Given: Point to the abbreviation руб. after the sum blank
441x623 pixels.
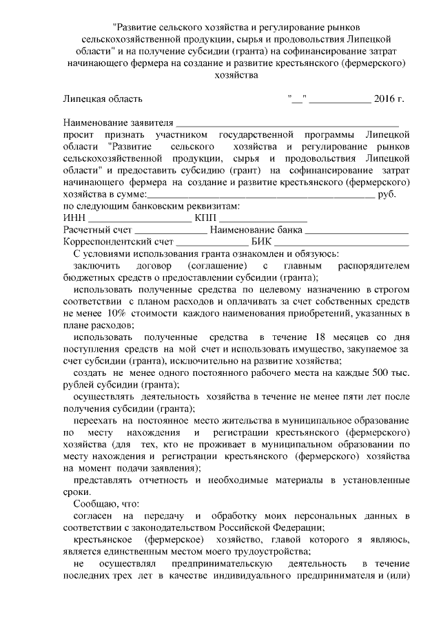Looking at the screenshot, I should pyautogui.click(x=389, y=195).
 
